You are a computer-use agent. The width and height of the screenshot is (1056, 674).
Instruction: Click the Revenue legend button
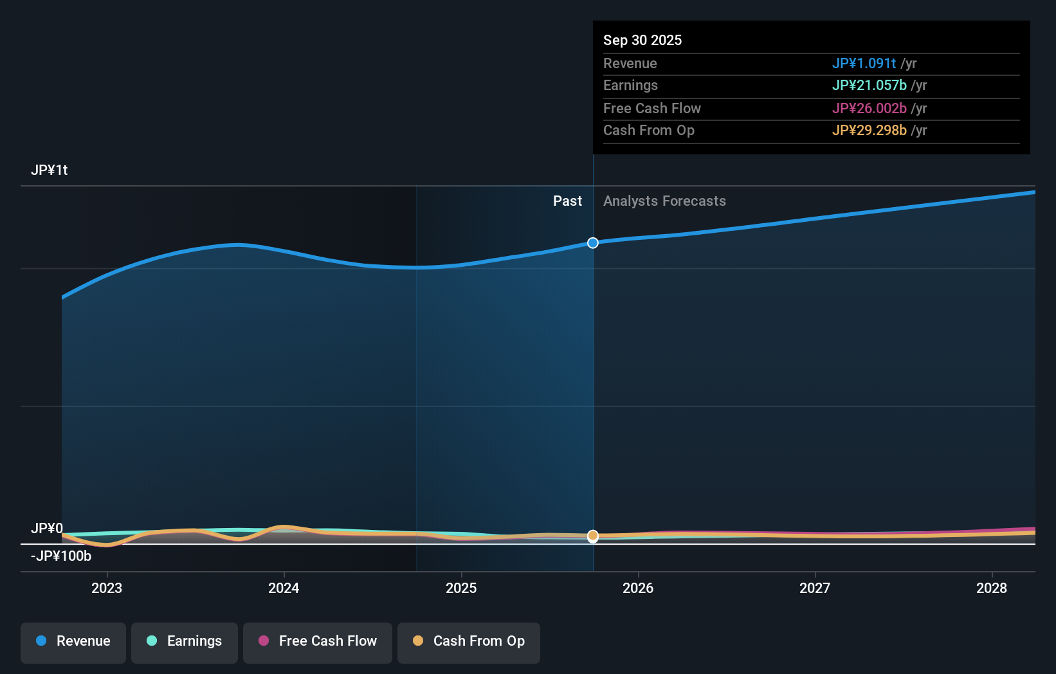tap(73, 641)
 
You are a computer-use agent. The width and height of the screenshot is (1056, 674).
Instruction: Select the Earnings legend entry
tap(185, 641)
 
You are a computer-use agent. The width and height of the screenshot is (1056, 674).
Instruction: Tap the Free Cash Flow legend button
tap(318, 641)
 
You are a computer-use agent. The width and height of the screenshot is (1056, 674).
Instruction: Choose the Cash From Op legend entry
tap(469, 641)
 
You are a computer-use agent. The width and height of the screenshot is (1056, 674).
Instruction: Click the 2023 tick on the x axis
tap(107, 588)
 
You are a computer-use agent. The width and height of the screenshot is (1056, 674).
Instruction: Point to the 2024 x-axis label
tap(284, 588)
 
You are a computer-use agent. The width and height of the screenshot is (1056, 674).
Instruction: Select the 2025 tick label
tap(461, 588)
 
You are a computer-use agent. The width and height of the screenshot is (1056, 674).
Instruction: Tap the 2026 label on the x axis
tap(638, 588)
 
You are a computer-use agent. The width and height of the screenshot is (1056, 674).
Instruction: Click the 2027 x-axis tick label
tap(815, 588)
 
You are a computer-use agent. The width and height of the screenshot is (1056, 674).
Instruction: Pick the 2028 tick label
tap(992, 588)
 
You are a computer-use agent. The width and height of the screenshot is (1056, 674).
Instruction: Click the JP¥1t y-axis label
tap(49, 170)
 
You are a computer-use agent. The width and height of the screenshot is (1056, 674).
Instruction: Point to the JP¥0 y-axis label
tap(46, 528)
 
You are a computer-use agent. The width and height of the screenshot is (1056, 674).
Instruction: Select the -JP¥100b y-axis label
tap(61, 556)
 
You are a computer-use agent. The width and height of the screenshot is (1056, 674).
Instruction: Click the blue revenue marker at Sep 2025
tap(593, 242)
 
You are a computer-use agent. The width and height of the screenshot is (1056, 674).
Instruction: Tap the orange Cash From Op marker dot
tap(593, 535)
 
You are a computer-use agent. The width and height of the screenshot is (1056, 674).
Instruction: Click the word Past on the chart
tap(567, 201)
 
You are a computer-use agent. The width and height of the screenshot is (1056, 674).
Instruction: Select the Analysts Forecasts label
tap(664, 201)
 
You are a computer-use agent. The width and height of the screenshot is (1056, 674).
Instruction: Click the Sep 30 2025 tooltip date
tap(642, 40)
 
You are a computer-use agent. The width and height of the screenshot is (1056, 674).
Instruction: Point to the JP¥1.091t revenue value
tap(864, 63)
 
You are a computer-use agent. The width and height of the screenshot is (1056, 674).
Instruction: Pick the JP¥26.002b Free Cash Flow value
tap(869, 108)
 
